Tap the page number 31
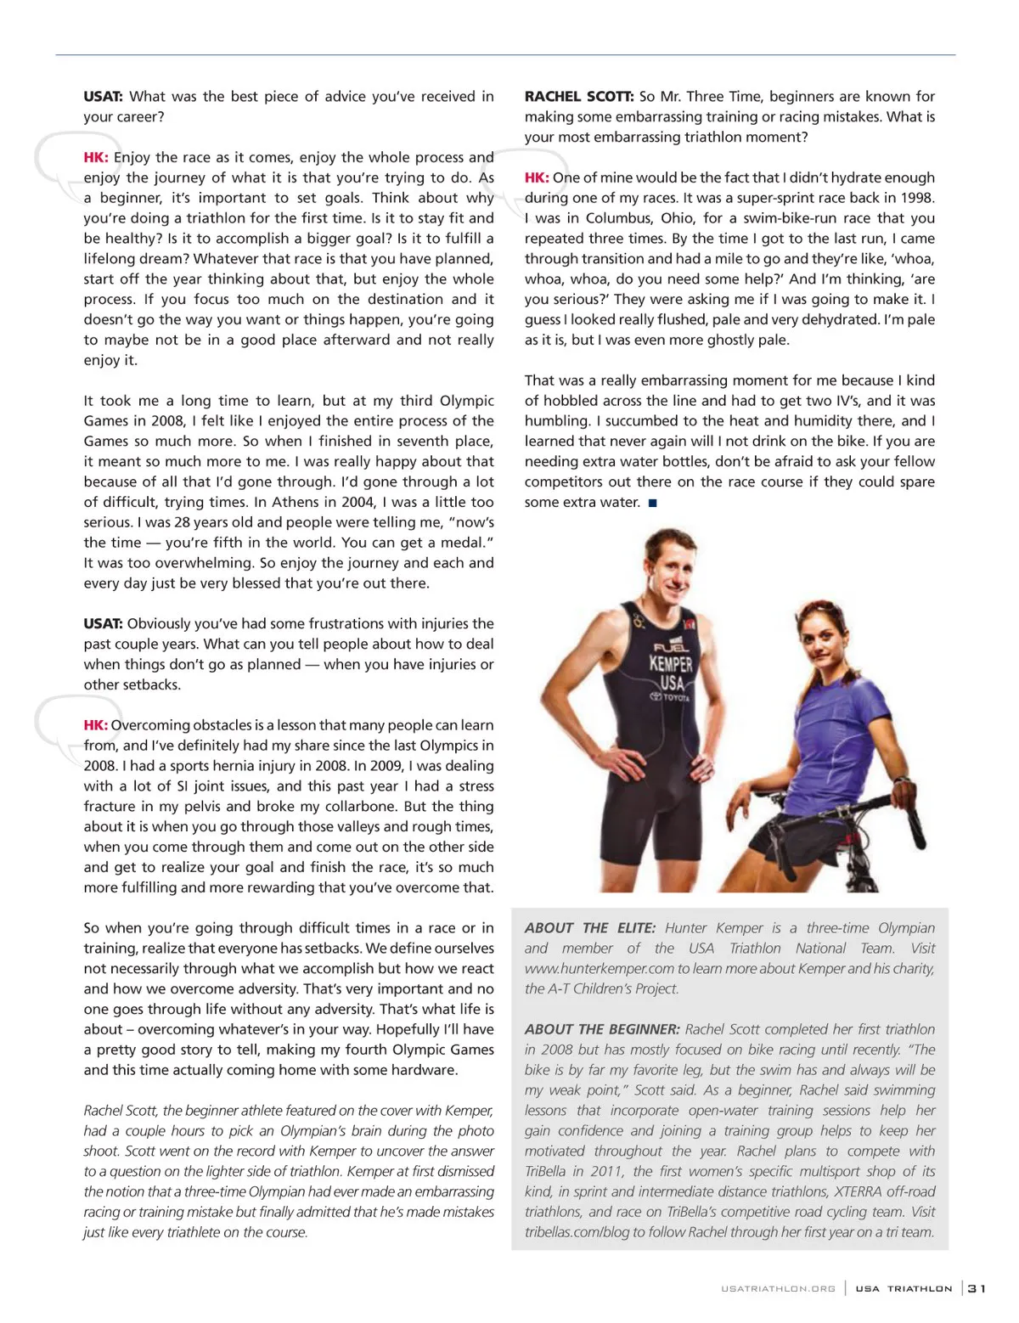tap(977, 1288)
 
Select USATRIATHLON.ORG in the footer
tap(778, 1289)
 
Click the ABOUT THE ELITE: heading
tap(589, 928)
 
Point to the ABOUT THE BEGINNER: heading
tap(602, 1029)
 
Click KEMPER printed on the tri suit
tap(671, 664)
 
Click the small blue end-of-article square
tap(652, 503)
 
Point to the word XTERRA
tap(860, 1191)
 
